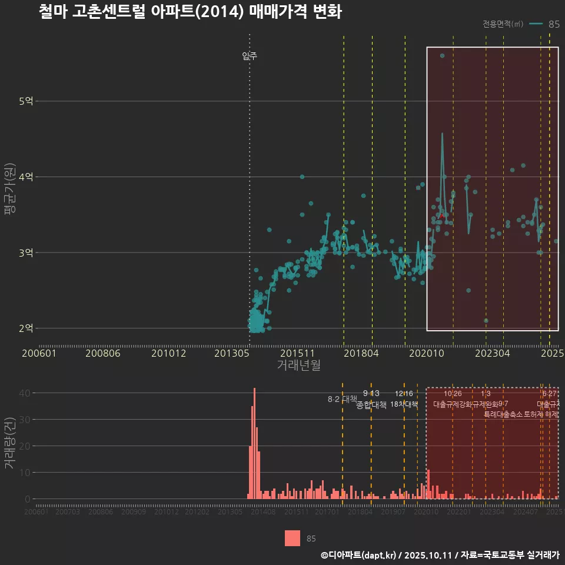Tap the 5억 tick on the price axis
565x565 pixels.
[25, 101]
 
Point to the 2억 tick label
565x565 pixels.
[25, 328]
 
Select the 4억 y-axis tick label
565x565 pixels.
[25, 177]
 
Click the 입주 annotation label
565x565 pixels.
[250, 56]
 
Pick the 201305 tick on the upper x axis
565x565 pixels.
[231, 354]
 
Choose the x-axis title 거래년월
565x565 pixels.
[298, 365]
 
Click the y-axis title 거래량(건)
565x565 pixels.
[10, 443]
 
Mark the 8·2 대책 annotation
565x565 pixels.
[343, 399]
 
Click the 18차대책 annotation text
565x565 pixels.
[404, 404]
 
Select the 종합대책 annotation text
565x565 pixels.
[371, 405]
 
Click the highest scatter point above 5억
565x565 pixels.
[442, 56]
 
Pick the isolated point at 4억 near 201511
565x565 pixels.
[302, 177]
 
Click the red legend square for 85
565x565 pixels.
[293, 538]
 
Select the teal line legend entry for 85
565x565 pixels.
[536, 24]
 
